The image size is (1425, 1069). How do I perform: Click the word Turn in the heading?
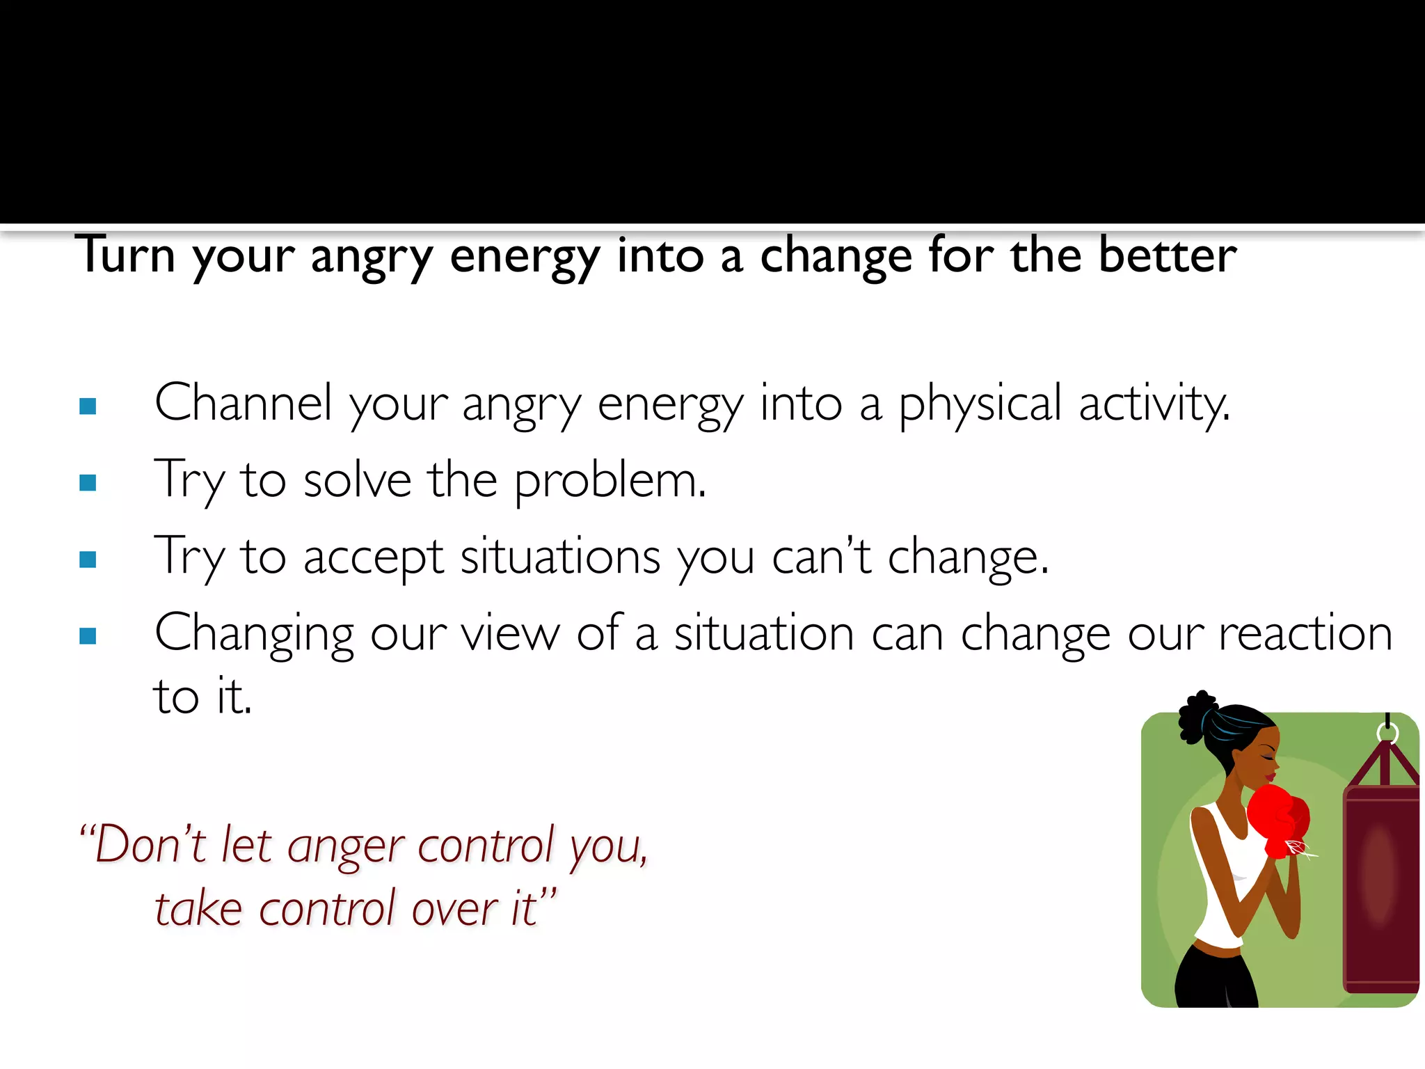(125, 255)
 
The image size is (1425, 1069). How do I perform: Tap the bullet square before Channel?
(88, 406)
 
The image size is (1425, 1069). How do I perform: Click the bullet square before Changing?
(88, 636)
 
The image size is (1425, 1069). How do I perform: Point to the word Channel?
(243, 403)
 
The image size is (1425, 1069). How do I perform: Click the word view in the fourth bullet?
(510, 633)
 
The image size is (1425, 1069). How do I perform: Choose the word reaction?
(1305, 633)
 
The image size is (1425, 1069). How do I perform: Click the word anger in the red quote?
(346, 848)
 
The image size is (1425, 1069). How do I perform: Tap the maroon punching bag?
(1380, 891)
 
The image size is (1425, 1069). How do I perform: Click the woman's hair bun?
(1197, 717)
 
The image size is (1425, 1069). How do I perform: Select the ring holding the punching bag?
(1387, 733)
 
